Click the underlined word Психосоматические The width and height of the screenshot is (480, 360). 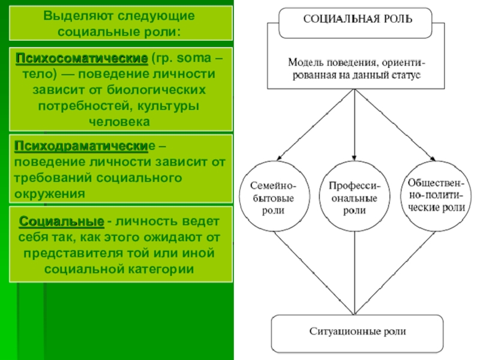click(82, 59)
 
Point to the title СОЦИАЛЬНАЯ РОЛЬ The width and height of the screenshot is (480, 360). click(358, 19)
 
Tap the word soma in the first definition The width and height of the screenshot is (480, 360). click(193, 59)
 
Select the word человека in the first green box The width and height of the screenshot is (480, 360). click(119, 121)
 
